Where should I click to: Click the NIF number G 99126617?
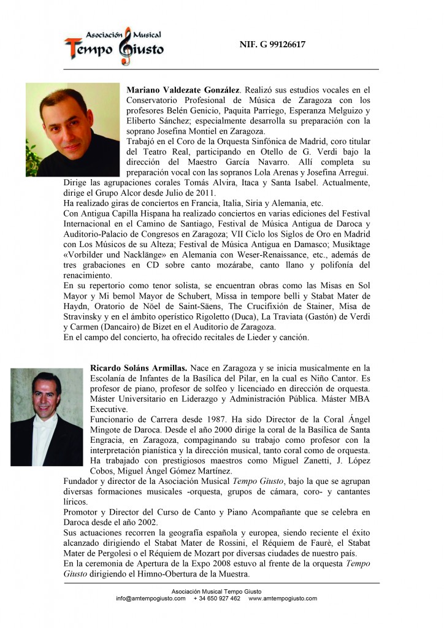click(x=272, y=44)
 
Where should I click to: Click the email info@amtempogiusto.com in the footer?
click(x=150, y=599)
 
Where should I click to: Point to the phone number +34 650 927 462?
click(x=216, y=599)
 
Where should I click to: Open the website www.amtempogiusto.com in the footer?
click(x=283, y=599)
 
